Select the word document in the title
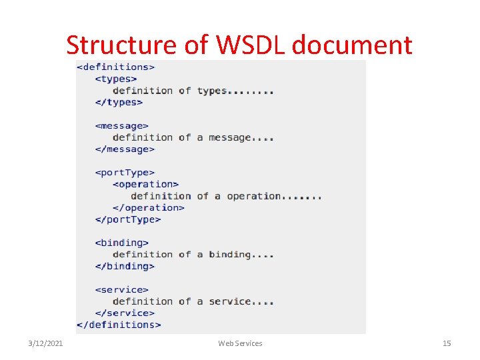click(352, 45)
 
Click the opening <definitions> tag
click(116, 67)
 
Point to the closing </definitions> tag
click(119, 325)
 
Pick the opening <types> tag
click(116, 79)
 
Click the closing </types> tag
click(119, 102)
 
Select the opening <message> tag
click(122, 125)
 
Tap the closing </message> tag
click(125, 149)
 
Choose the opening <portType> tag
click(125, 173)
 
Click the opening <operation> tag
click(146, 184)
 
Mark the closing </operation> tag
click(149, 207)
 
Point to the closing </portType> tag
click(128, 219)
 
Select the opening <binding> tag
click(122, 243)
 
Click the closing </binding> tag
click(125, 266)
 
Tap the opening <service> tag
click(122, 289)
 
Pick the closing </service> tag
click(125, 313)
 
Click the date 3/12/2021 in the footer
click(46, 343)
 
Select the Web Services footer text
click(240, 343)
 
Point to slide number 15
click(447, 343)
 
